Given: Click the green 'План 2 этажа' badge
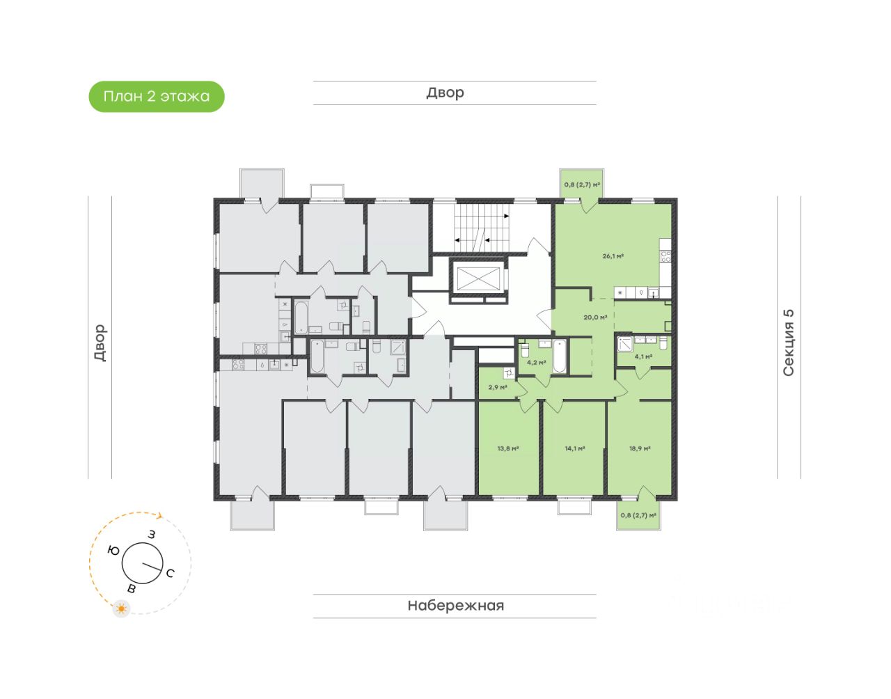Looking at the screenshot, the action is (x=157, y=97).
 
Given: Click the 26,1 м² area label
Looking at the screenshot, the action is (x=613, y=256).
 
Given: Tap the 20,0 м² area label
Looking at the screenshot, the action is (x=595, y=317).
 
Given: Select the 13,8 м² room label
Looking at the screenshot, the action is (x=508, y=449).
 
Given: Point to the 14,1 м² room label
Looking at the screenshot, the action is (x=574, y=449).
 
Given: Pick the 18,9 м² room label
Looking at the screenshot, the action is (x=640, y=449).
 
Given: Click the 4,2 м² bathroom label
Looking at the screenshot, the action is (x=536, y=363).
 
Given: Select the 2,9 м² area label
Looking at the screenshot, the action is (x=497, y=388).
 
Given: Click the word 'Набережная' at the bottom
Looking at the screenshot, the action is (x=455, y=606).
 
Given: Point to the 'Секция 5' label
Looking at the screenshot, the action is (x=789, y=343).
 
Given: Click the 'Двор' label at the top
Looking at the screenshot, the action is (x=445, y=93).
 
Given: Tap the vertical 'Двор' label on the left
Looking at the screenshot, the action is (x=100, y=343).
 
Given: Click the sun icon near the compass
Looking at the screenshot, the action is (x=123, y=609).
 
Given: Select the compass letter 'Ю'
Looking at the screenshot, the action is (x=113, y=551).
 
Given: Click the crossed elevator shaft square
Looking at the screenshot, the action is (x=478, y=280).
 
